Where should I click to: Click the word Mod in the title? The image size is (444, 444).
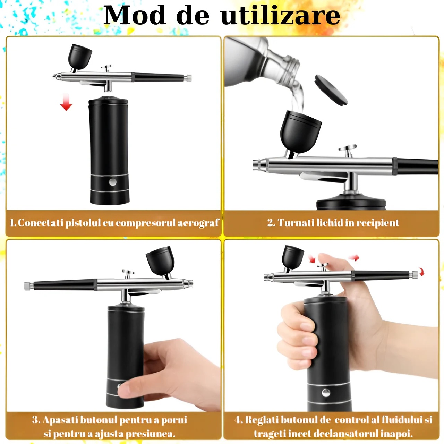tap(134, 15)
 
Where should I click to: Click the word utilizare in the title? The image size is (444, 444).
tap(280, 15)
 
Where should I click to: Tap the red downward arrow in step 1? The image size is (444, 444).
tap(66, 102)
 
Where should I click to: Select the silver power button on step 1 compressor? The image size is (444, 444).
tap(112, 182)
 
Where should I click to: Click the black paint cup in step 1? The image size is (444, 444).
tap(80, 57)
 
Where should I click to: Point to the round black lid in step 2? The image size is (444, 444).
tap(331, 90)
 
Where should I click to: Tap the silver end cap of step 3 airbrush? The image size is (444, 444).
tap(28, 286)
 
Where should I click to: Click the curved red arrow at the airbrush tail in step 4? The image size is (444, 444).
tap(422, 272)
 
